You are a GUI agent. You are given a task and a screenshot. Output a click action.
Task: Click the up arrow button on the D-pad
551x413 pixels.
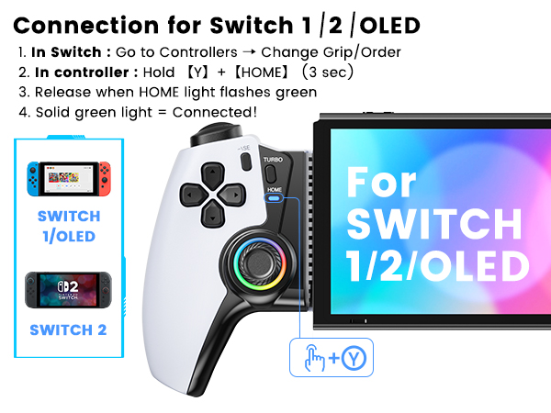tap(213, 174)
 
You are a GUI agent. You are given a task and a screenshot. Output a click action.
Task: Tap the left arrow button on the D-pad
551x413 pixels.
tap(193, 195)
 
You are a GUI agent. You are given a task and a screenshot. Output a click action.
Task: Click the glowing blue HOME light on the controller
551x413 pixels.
tap(274, 198)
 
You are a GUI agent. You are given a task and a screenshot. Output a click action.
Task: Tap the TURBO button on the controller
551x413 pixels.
tap(270, 173)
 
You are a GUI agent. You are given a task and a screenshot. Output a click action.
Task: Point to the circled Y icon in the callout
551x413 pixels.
tap(354, 358)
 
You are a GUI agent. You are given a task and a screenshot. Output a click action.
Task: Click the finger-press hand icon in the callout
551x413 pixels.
tap(314, 358)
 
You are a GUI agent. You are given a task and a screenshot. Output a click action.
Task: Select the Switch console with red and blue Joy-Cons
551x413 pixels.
tap(69, 179)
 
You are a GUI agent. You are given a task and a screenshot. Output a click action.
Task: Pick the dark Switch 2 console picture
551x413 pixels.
tap(69, 290)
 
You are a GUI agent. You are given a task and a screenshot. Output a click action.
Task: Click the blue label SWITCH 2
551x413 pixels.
tap(68, 330)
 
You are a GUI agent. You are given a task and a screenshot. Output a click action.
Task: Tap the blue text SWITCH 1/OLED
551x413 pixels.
tap(69, 227)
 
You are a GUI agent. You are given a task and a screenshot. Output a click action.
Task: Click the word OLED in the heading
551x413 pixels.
tap(389, 26)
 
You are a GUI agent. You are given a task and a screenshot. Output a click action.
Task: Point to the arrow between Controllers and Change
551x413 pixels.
tap(249, 52)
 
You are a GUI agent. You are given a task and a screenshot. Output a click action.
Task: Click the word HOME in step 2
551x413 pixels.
tap(262, 73)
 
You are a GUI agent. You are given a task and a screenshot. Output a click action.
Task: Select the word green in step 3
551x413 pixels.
tap(297, 93)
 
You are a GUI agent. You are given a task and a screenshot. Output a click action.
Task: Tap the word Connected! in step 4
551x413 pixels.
tap(215, 112)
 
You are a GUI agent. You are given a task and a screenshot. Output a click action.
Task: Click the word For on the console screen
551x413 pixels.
tap(381, 182)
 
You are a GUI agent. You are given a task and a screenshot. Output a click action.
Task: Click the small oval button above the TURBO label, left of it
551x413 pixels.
tap(246, 162)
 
